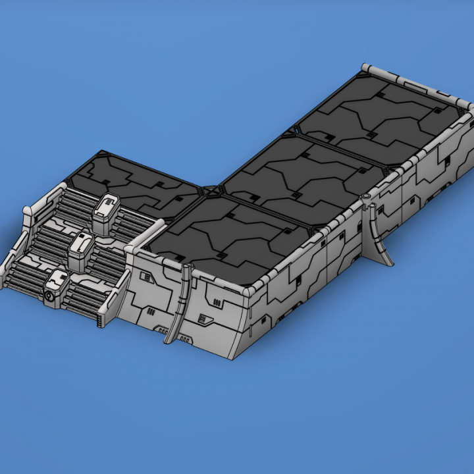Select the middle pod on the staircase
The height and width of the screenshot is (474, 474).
81,246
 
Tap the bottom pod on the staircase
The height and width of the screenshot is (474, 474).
55,287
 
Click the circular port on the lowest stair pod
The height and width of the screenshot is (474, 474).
50,298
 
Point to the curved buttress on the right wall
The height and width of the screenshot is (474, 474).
381,234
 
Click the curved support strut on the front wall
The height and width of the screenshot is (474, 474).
180,303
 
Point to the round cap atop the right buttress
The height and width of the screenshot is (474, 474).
366,198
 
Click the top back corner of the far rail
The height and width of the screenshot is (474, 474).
366,68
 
